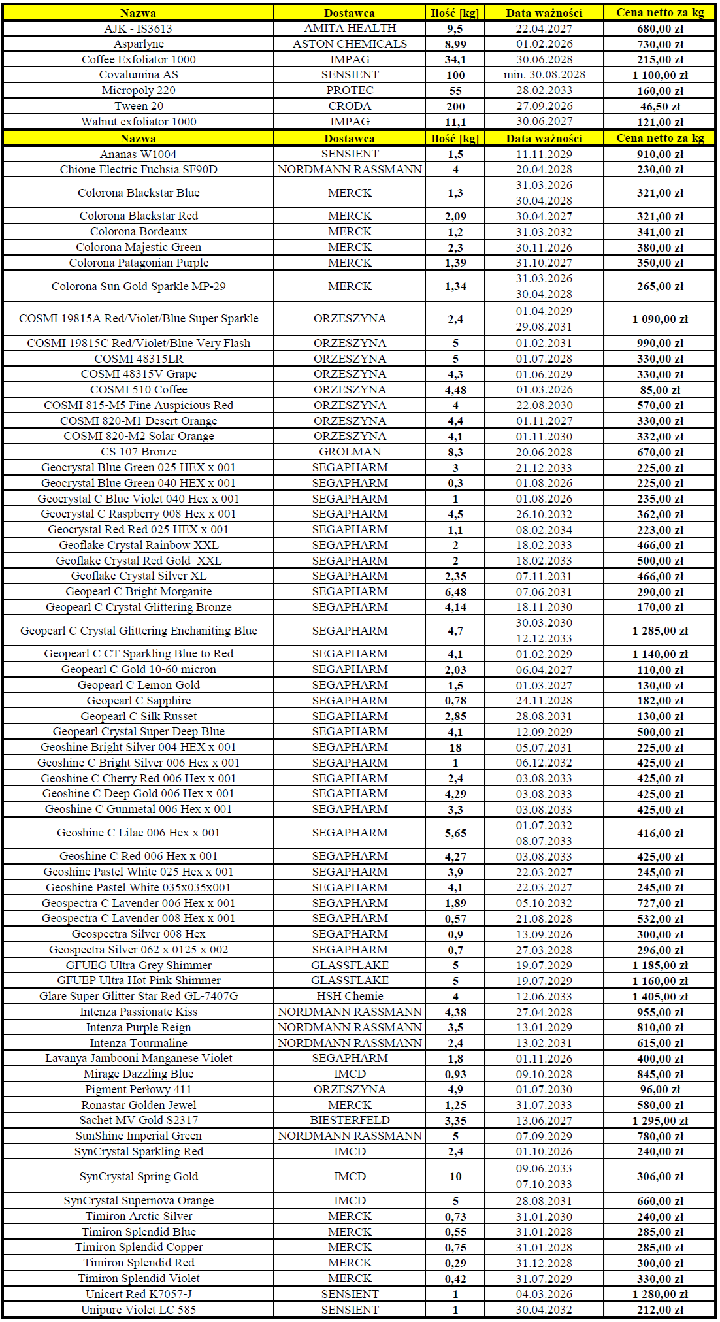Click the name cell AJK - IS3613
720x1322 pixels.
[x=139, y=29]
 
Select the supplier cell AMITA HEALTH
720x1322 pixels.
[x=350, y=28]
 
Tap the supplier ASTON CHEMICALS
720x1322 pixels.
[x=350, y=44]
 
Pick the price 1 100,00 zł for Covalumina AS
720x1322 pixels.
[x=660, y=75]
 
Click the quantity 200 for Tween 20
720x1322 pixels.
[x=455, y=107]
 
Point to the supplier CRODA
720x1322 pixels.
[x=350, y=106]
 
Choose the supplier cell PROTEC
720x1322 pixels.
[x=350, y=90]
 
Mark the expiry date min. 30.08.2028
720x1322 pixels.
[x=544, y=74]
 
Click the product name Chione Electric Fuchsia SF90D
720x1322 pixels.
[x=139, y=169]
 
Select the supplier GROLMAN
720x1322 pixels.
[x=350, y=452]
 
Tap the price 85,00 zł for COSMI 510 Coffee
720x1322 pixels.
[x=660, y=390]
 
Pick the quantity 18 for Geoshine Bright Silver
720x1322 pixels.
[x=455, y=748]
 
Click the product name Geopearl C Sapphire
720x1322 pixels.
[x=139, y=701]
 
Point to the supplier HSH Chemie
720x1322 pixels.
[x=350, y=996]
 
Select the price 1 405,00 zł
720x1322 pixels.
[x=660, y=997]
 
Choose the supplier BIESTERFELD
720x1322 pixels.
[x=350, y=1120]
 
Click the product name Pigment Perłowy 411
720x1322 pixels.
[x=139, y=1089]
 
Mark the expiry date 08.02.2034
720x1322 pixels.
[x=544, y=530]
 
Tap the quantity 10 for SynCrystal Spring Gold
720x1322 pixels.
[x=455, y=1176]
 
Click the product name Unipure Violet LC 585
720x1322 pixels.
[x=139, y=1310]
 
